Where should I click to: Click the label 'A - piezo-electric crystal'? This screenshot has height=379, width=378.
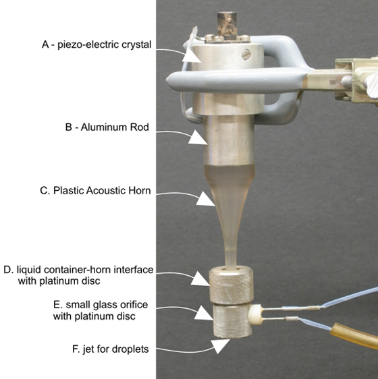point(97,45)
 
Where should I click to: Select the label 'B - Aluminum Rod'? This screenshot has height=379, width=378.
point(107,127)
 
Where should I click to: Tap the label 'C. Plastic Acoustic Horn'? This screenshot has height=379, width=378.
point(95,190)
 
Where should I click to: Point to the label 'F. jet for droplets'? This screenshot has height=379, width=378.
point(110,349)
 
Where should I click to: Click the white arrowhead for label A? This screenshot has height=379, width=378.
point(191,55)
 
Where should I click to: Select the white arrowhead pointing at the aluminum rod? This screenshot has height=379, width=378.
point(198,138)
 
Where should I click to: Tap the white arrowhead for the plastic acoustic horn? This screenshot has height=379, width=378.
point(205,199)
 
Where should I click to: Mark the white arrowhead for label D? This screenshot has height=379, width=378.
point(200,279)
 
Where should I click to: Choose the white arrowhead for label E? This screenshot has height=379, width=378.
point(204,313)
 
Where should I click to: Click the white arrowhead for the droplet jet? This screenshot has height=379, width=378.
point(219,346)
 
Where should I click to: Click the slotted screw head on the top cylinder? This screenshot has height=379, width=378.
point(246,55)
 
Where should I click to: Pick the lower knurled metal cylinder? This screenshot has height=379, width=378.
point(232,320)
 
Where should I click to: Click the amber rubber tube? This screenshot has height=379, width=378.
point(354,335)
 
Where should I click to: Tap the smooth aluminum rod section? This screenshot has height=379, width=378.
point(229,141)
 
